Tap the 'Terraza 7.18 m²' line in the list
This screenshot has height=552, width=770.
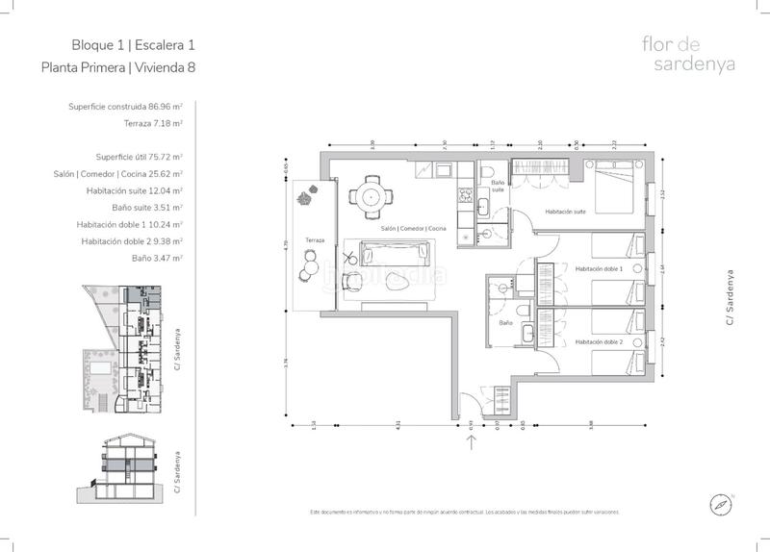(x=153, y=123)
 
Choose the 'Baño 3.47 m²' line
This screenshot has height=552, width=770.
(x=157, y=259)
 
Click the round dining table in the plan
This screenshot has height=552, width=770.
(x=371, y=196)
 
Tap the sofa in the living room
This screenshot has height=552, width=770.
(x=396, y=254)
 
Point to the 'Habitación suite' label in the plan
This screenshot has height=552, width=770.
(x=565, y=212)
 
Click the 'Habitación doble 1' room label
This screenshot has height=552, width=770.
(x=599, y=269)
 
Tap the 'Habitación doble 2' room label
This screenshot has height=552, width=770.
(x=599, y=342)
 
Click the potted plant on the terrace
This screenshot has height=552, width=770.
(x=306, y=199)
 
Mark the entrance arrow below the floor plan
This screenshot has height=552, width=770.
(x=472, y=441)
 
